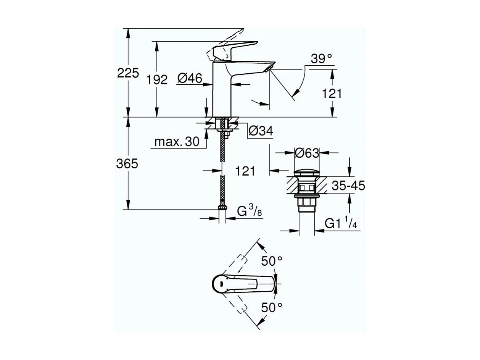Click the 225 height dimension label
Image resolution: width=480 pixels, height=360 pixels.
(x=128, y=73)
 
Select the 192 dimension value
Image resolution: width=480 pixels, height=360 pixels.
(x=158, y=80)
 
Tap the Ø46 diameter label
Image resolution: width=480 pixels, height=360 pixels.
(x=189, y=79)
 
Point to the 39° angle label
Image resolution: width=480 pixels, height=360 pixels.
(x=321, y=59)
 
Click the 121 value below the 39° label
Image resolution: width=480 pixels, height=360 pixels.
(x=332, y=94)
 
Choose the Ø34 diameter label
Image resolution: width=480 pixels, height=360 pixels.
(x=261, y=131)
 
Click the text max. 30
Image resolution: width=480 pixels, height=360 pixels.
(x=177, y=142)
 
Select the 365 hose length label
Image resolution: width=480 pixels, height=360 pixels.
(x=127, y=164)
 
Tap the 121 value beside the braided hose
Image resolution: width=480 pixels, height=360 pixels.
(x=245, y=171)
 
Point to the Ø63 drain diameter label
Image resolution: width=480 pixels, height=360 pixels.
(x=306, y=153)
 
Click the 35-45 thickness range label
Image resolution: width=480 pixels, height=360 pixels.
(x=348, y=186)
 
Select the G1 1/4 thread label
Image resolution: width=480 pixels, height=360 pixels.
(x=340, y=223)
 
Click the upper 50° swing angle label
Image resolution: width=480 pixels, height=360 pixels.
(x=271, y=261)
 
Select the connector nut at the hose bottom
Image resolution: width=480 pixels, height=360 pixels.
(x=222, y=208)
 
